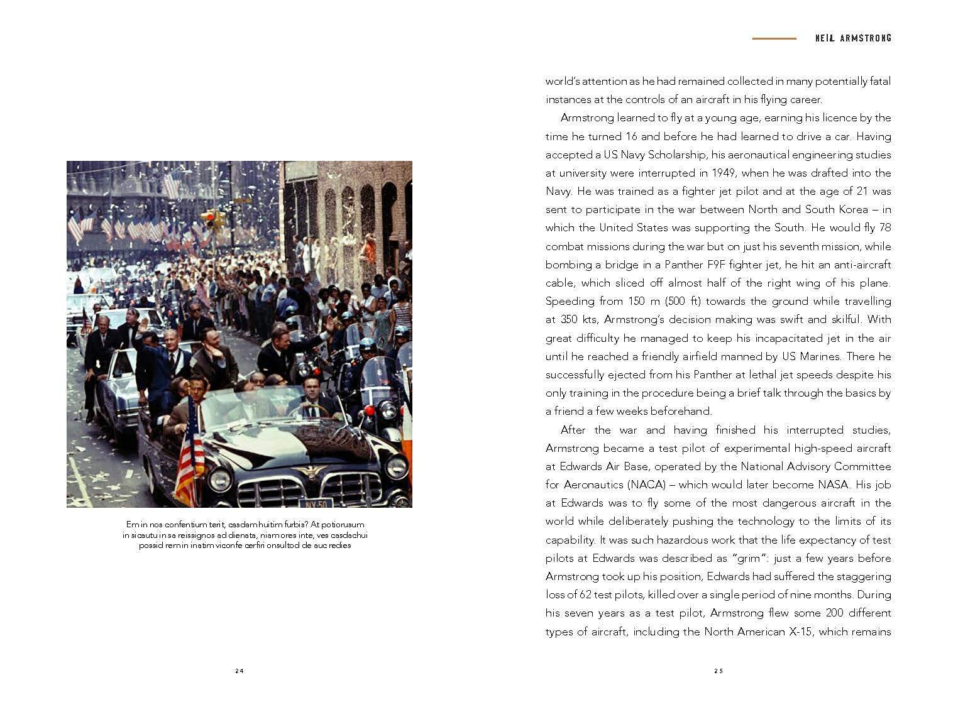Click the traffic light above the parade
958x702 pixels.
point(209,218)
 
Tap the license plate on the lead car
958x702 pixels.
point(316,503)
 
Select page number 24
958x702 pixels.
point(239,671)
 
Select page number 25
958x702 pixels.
point(718,671)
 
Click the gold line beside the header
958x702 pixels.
point(774,38)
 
